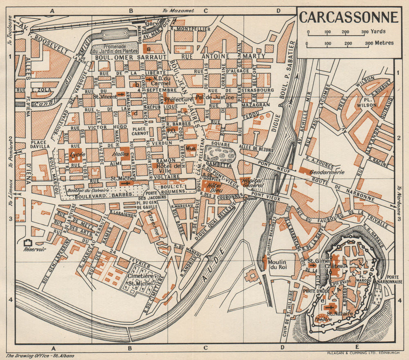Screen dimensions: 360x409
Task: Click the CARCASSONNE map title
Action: (x=348, y=18)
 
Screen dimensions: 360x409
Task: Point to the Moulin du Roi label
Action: (x=276, y=265)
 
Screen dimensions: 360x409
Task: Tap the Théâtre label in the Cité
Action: (x=324, y=319)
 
